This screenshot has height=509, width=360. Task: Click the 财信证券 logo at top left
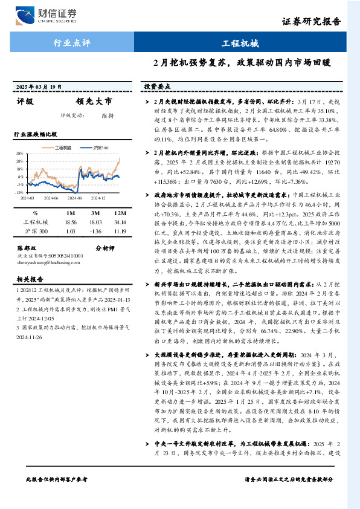[51, 15]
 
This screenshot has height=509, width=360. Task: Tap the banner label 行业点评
[72, 44]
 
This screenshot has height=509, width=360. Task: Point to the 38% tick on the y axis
[20, 154]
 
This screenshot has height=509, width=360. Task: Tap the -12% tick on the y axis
[20, 192]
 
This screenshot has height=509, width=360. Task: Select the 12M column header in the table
[120, 213]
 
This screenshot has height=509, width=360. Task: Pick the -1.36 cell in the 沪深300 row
[95, 231]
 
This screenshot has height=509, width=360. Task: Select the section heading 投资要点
[156, 87]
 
